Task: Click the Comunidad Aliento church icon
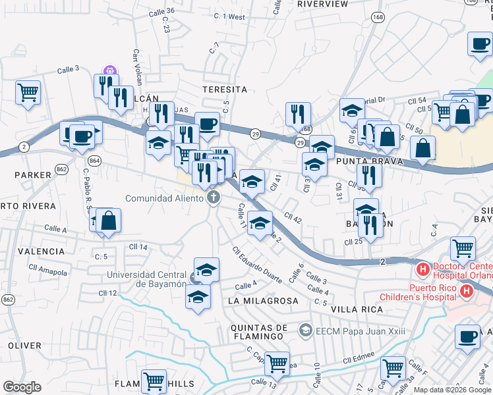point(213,197)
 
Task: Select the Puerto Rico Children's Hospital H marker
point(467,290)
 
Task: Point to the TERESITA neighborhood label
point(225,89)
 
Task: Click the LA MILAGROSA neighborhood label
point(263,300)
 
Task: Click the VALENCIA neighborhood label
point(42,251)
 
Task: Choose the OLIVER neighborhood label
point(24,345)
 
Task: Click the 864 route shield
point(95,160)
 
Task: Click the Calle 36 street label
point(161,11)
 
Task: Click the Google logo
point(22,387)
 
